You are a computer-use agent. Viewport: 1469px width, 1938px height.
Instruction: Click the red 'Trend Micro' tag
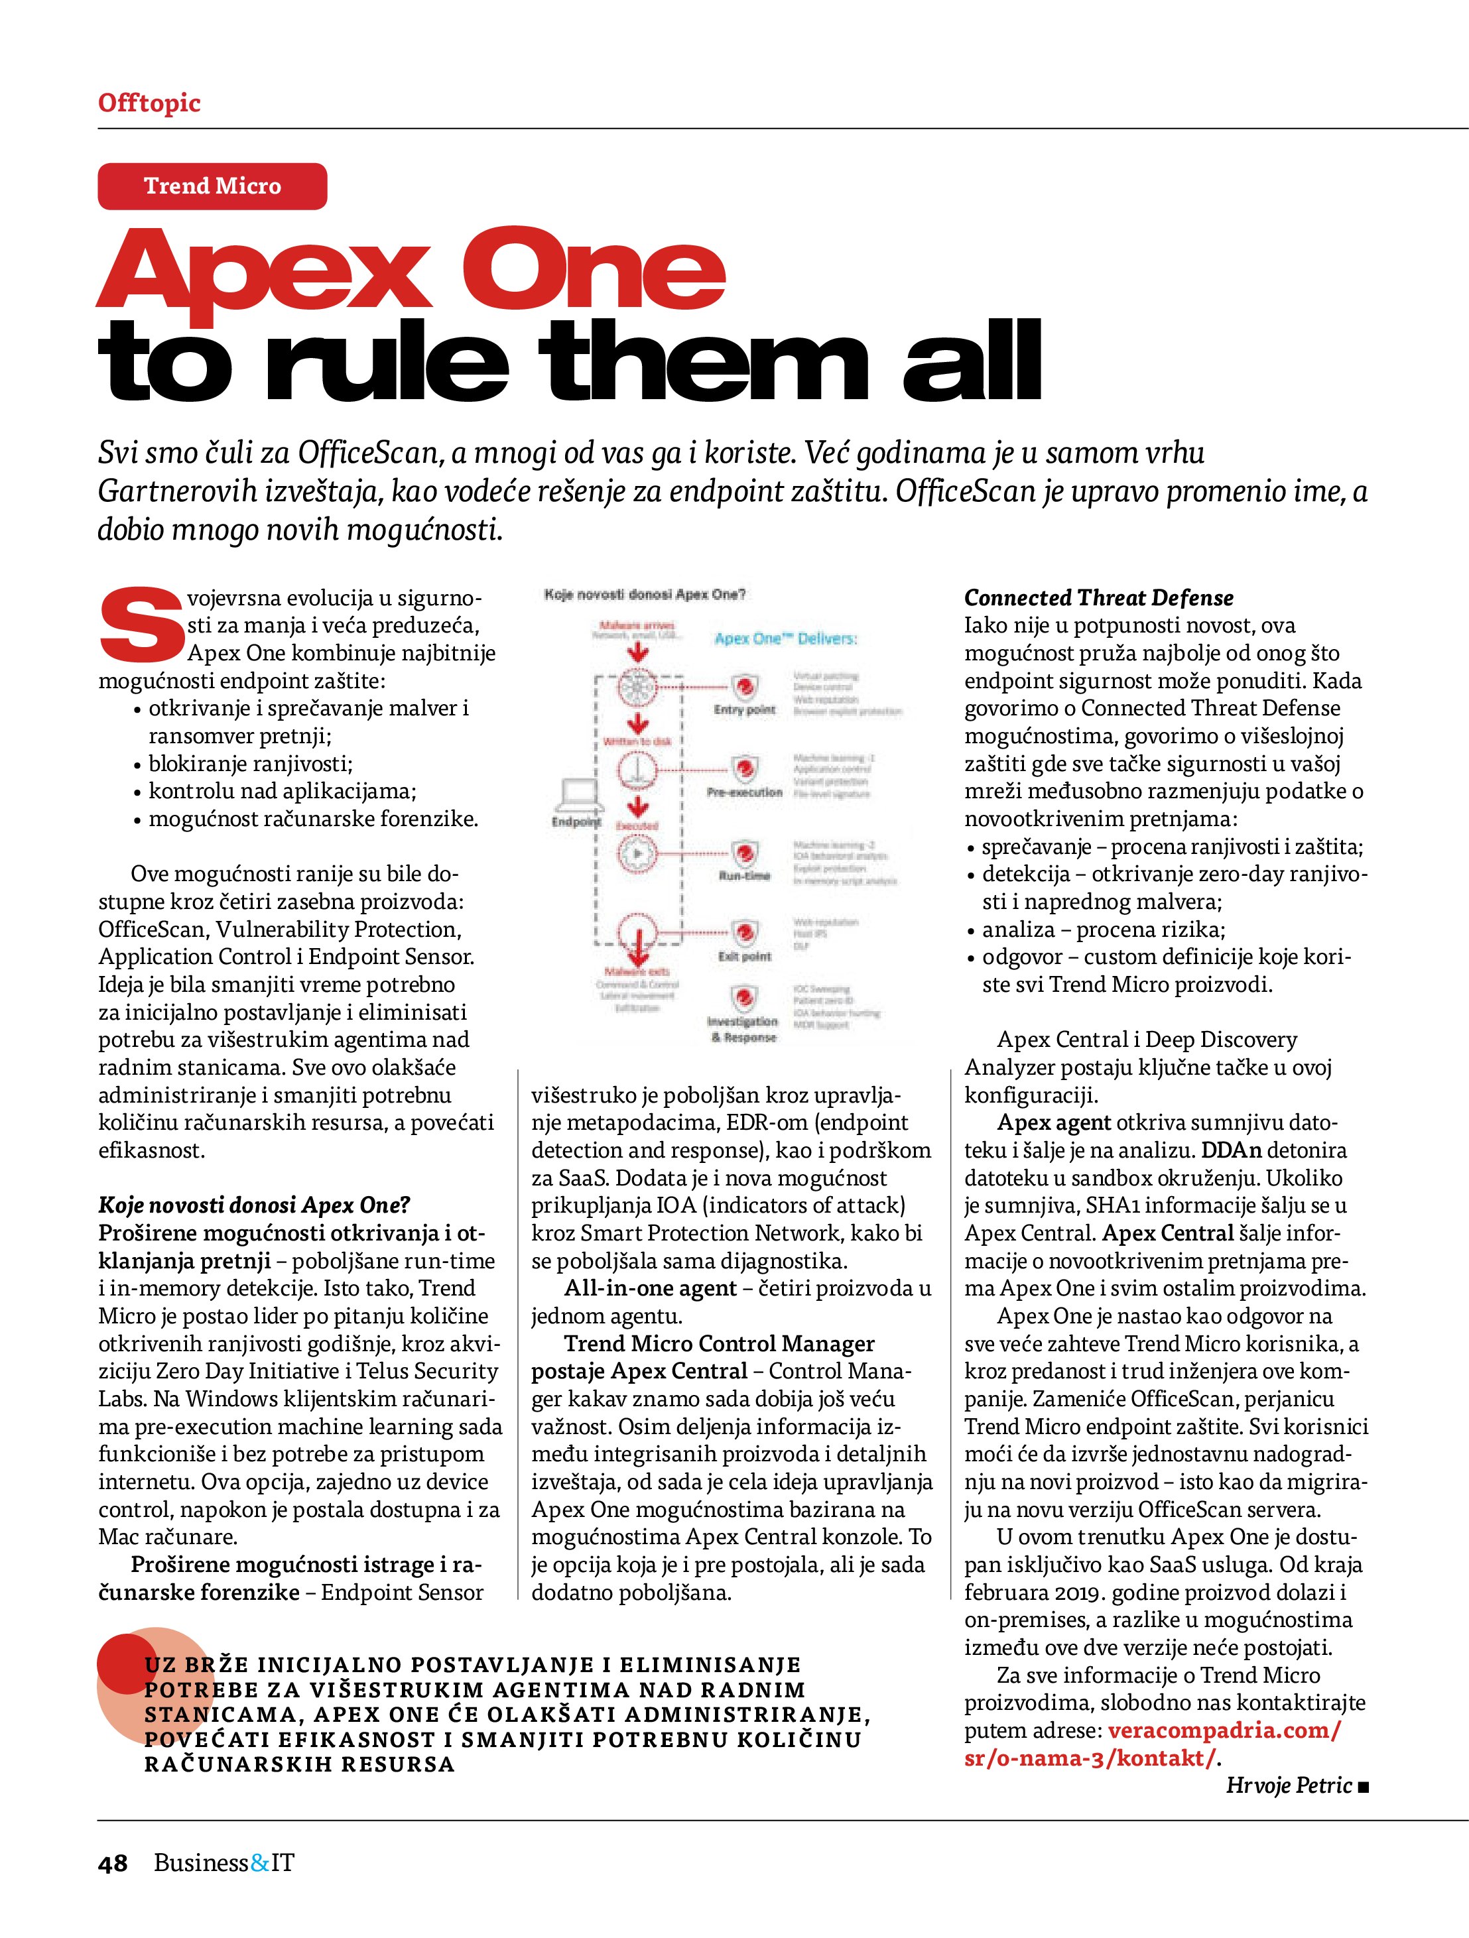212,186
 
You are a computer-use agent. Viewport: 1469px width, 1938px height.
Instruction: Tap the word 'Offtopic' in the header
149,103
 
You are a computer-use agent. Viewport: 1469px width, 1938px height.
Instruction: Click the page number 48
113,1862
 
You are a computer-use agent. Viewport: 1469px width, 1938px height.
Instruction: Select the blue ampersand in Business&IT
261,1862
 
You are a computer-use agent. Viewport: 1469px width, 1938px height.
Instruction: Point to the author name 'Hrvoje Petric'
1289,1785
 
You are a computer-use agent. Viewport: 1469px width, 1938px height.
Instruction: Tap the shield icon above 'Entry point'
745,686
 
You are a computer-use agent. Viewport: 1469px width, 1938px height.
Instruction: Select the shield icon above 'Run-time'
745,851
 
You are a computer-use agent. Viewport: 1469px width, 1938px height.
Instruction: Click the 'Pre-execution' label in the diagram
744,792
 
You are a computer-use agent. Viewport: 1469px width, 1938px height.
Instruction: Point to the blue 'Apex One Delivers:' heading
785,638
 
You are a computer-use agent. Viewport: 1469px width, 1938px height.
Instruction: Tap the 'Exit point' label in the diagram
745,956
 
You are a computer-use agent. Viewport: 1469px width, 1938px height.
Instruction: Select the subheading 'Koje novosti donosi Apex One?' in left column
254,1205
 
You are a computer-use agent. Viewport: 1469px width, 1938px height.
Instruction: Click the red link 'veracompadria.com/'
1224,1730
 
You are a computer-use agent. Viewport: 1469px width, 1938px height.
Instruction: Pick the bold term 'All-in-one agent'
649,1288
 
